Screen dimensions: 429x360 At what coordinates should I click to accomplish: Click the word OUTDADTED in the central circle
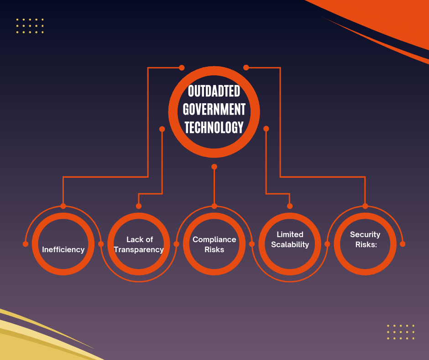[x=214, y=91]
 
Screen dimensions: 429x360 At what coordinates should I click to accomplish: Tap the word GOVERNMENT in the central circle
[x=214, y=109]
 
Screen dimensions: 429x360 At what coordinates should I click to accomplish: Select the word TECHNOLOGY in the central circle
[x=214, y=127]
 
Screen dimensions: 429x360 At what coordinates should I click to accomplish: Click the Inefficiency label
[x=63, y=249]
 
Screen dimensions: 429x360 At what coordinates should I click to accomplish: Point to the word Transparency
[x=139, y=250]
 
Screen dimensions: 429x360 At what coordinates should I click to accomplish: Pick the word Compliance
[x=214, y=240]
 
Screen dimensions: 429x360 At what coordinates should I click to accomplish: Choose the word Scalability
[x=290, y=245]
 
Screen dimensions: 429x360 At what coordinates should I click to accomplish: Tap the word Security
[x=365, y=235]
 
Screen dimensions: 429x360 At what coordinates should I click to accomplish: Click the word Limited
[x=290, y=234]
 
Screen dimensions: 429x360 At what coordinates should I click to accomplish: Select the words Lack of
[x=140, y=239]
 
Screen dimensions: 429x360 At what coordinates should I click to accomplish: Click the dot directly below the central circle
[x=214, y=167]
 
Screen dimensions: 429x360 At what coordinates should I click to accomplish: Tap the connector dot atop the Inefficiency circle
[x=63, y=206]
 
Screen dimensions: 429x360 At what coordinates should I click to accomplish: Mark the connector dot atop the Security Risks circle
[x=365, y=206]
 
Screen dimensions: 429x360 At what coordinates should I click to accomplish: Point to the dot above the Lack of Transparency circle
[x=139, y=206]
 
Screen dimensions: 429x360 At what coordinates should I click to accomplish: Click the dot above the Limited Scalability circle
[x=290, y=206]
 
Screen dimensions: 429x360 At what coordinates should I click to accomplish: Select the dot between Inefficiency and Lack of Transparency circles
[x=101, y=244]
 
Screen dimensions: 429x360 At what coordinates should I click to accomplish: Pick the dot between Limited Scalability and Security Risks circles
[x=327, y=244]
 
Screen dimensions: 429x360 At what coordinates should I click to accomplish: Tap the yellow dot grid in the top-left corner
[x=30, y=26]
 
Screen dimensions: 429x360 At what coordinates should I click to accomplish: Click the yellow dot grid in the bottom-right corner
[x=401, y=332]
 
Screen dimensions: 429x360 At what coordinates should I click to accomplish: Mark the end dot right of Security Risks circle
[x=403, y=244]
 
